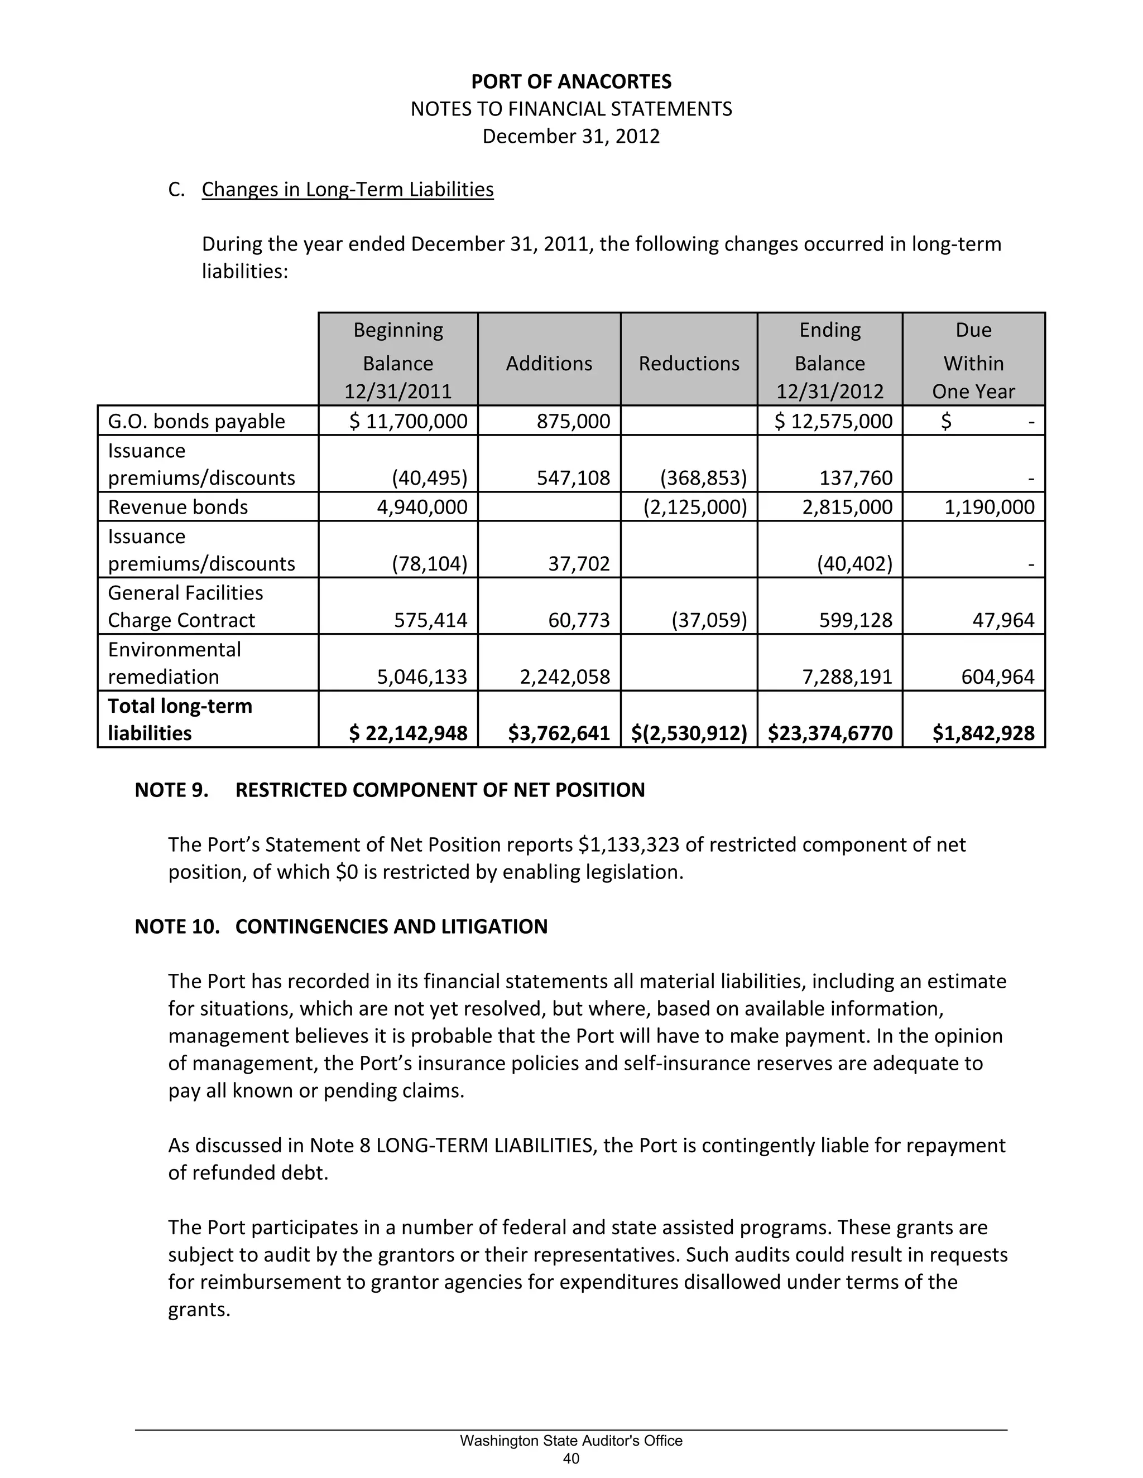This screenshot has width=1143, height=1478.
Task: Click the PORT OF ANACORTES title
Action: tap(571, 82)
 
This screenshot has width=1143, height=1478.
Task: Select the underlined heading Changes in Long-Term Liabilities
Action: tap(347, 190)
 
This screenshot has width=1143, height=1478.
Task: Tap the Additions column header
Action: tap(549, 364)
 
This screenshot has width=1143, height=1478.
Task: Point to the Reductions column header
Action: tap(689, 364)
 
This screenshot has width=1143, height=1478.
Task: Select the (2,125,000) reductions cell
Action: tap(695, 508)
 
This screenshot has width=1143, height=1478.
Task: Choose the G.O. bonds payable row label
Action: tap(196, 422)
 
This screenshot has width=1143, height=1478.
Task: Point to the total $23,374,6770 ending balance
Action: tap(830, 733)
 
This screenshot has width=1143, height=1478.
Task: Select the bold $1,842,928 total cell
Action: tap(983, 733)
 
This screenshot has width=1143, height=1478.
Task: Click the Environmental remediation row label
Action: tap(174, 663)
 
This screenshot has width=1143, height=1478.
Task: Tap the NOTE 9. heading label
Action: tap(171, 790)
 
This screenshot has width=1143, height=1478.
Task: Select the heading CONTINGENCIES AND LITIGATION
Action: tap(391, 926)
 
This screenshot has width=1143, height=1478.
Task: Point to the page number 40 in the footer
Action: tap(571, 1459)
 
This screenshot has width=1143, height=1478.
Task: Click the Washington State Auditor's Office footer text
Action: tap(571, 1441)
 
